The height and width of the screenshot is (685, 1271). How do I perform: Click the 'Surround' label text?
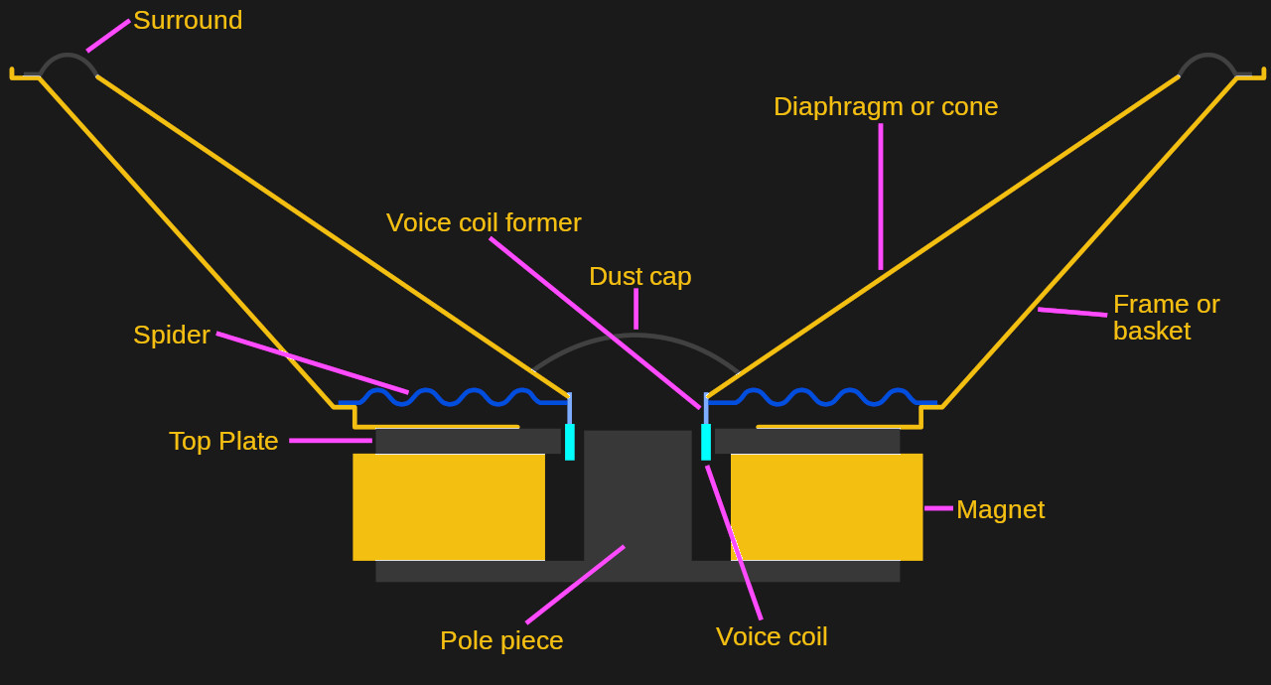coord(188,20)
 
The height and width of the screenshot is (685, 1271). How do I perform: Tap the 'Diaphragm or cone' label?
coord(885,106)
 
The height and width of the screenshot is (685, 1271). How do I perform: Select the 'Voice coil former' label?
coord(484,222)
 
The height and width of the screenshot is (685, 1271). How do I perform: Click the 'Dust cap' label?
coord(639,276)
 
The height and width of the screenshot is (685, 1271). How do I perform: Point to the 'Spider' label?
coord(172,335)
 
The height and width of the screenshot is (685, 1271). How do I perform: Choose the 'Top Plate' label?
coord(223,441)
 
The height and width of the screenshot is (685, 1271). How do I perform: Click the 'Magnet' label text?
coord(1000,509)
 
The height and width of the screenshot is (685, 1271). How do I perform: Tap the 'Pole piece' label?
coord(501,640)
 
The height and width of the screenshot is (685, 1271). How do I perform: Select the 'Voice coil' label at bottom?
coord(772,636)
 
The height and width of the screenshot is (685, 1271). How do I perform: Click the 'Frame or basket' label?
coord(1166,318)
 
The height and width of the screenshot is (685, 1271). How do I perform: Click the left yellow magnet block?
coord(449,506)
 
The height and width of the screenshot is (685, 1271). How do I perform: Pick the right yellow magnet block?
coord(826,506)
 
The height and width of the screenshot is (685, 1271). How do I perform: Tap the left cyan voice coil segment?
coord(570,442)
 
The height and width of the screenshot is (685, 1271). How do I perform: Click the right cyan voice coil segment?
coord(706,442)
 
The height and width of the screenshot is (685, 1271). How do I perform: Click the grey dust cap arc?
coord(635,337)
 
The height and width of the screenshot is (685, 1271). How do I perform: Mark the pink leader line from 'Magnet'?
coord(938,508)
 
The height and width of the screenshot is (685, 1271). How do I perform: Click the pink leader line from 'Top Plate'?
coord(331,441)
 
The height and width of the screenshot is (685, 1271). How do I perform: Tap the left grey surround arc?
coord(68,56)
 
